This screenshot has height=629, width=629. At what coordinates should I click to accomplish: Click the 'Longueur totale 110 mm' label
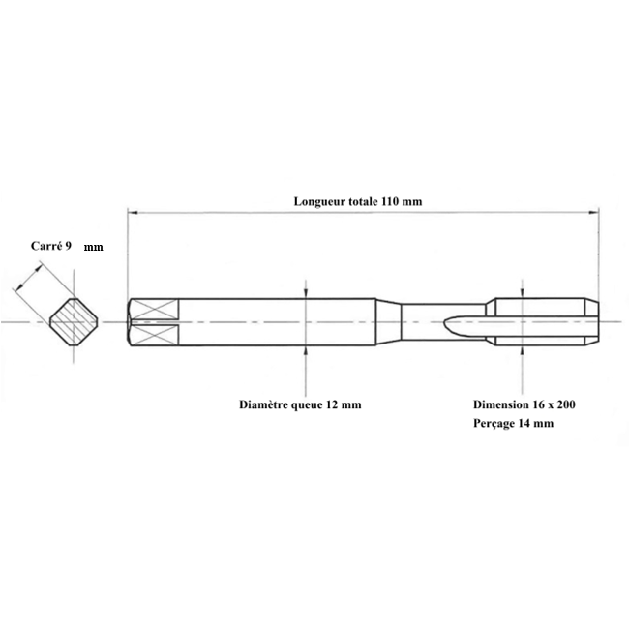pos(358,201)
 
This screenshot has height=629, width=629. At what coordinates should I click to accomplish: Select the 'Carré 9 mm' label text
pos(67,246)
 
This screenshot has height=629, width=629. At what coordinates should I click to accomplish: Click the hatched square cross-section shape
pos(74,321)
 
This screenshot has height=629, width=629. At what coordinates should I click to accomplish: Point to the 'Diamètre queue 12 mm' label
pos(300,404)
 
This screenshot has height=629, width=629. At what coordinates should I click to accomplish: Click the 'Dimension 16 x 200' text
pos(524,404)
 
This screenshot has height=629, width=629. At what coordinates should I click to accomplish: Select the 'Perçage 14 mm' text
pos(514,423)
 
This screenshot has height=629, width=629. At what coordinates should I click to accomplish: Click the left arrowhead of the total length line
pos(133,212)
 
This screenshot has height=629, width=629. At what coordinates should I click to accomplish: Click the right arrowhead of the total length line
pos(594,212)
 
